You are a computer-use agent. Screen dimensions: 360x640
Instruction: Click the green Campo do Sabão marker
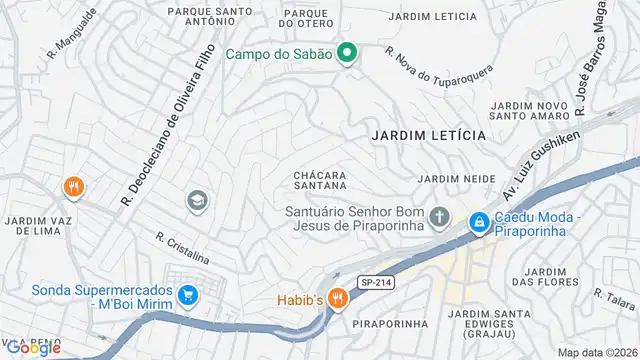tap(347, 53)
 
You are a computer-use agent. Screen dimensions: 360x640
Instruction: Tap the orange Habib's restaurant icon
tap(338, 297)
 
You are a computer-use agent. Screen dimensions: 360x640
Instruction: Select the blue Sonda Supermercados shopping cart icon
tap(187, 295)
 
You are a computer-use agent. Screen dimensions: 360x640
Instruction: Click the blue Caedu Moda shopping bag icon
tap(479, 221)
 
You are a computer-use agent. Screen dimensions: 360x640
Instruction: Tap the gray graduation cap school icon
tap(197, 201)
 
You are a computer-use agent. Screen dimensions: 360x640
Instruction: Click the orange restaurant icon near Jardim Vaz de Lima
tap(72, 186)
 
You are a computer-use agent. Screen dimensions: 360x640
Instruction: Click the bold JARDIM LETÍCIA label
tap(428, 134)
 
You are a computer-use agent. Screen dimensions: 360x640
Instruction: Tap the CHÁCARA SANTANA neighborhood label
tap(320, 181)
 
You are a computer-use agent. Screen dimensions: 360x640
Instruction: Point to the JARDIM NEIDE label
tap(457, 178)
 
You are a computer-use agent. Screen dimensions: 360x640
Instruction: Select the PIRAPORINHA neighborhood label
tap(391, 323)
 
